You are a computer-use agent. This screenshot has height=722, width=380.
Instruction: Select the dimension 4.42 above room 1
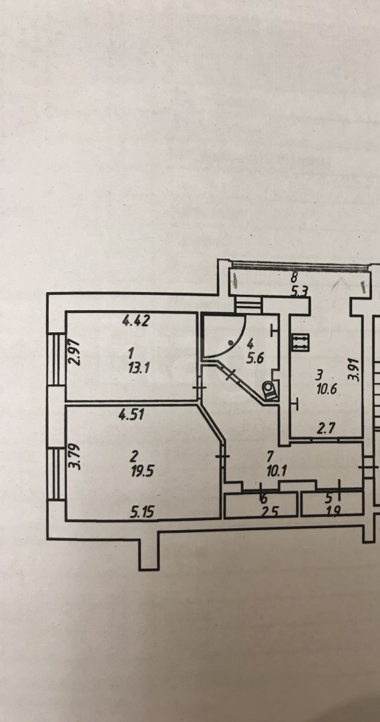[136, 320]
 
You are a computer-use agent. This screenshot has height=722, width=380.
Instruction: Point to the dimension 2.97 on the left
[75, 352]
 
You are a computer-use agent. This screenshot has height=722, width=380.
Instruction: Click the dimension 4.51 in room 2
[132, 415]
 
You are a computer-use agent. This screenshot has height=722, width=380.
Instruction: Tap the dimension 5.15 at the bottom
[141, 511]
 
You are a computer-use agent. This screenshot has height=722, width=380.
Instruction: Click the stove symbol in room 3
[300, 341]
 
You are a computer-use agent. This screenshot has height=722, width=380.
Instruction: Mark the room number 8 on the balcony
[295, 278]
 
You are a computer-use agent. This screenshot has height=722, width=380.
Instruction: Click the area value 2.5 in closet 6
[264, 511]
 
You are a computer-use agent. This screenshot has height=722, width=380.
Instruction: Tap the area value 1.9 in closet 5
[332, 511]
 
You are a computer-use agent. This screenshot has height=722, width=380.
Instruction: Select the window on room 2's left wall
[57, 474]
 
